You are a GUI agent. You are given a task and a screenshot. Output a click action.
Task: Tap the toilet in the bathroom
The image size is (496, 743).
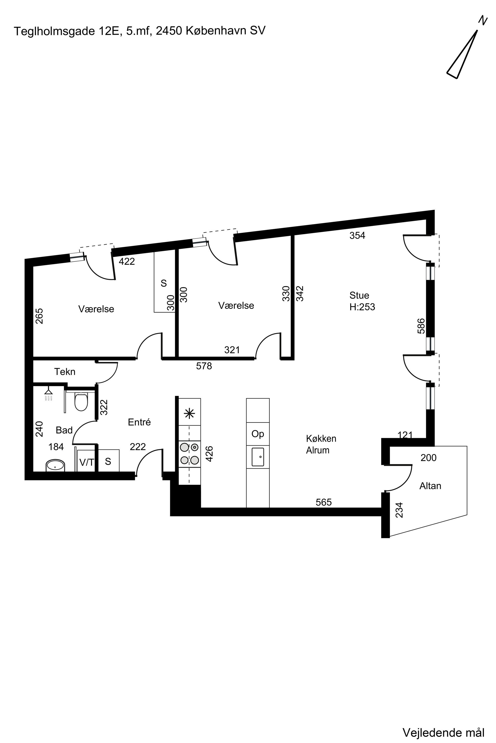[81, 401]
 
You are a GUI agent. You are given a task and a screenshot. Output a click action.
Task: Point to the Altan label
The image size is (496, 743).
[430, 486]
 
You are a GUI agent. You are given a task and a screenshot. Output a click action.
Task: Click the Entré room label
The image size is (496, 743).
[139, 422]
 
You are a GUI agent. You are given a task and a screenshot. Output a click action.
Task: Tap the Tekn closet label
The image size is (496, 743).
[64, 372]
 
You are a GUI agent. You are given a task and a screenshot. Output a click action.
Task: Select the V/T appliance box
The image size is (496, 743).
[86, 462]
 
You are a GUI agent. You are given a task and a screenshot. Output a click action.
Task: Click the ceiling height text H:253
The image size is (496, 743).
[362, 307]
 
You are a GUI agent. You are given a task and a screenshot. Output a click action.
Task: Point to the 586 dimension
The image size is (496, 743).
[421, 326]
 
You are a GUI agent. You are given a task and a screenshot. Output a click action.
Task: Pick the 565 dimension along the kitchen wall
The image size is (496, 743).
[324, 502]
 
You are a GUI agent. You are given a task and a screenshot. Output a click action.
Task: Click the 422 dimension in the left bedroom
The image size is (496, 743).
[127, 262]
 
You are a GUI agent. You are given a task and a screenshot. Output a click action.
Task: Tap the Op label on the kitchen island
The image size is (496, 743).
[258, 434]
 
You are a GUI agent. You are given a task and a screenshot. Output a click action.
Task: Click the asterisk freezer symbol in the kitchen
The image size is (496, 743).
[189, 414]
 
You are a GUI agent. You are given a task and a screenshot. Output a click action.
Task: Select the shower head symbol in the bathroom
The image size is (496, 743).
[48, 393]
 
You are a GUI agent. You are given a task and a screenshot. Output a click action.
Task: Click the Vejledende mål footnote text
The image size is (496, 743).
[443, 723]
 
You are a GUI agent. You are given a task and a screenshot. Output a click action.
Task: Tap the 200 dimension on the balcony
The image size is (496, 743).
[428, 458]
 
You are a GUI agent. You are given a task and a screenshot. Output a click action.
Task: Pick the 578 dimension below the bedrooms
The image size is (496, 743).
[204, 366]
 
